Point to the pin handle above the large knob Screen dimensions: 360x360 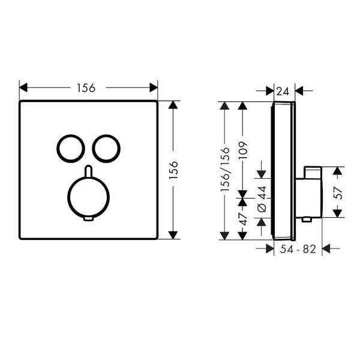88,171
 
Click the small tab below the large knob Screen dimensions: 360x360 89,219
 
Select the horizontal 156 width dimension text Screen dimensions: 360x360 86,88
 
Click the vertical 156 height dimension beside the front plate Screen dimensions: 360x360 173,170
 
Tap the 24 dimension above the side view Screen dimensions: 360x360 283,92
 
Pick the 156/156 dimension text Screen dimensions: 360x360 225,169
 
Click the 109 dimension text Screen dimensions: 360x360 243,151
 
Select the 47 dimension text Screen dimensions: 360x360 243,219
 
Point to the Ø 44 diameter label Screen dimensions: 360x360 262,199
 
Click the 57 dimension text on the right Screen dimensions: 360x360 338,193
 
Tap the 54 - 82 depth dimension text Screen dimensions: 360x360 298,249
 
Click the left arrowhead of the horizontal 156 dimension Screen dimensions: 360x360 23,88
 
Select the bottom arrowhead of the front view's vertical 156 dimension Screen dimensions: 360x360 173,235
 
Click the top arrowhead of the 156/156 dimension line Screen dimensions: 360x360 224,106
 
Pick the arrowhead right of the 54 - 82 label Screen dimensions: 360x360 326,248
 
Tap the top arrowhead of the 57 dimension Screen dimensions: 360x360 337,171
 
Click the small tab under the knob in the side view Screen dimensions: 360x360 307,220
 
